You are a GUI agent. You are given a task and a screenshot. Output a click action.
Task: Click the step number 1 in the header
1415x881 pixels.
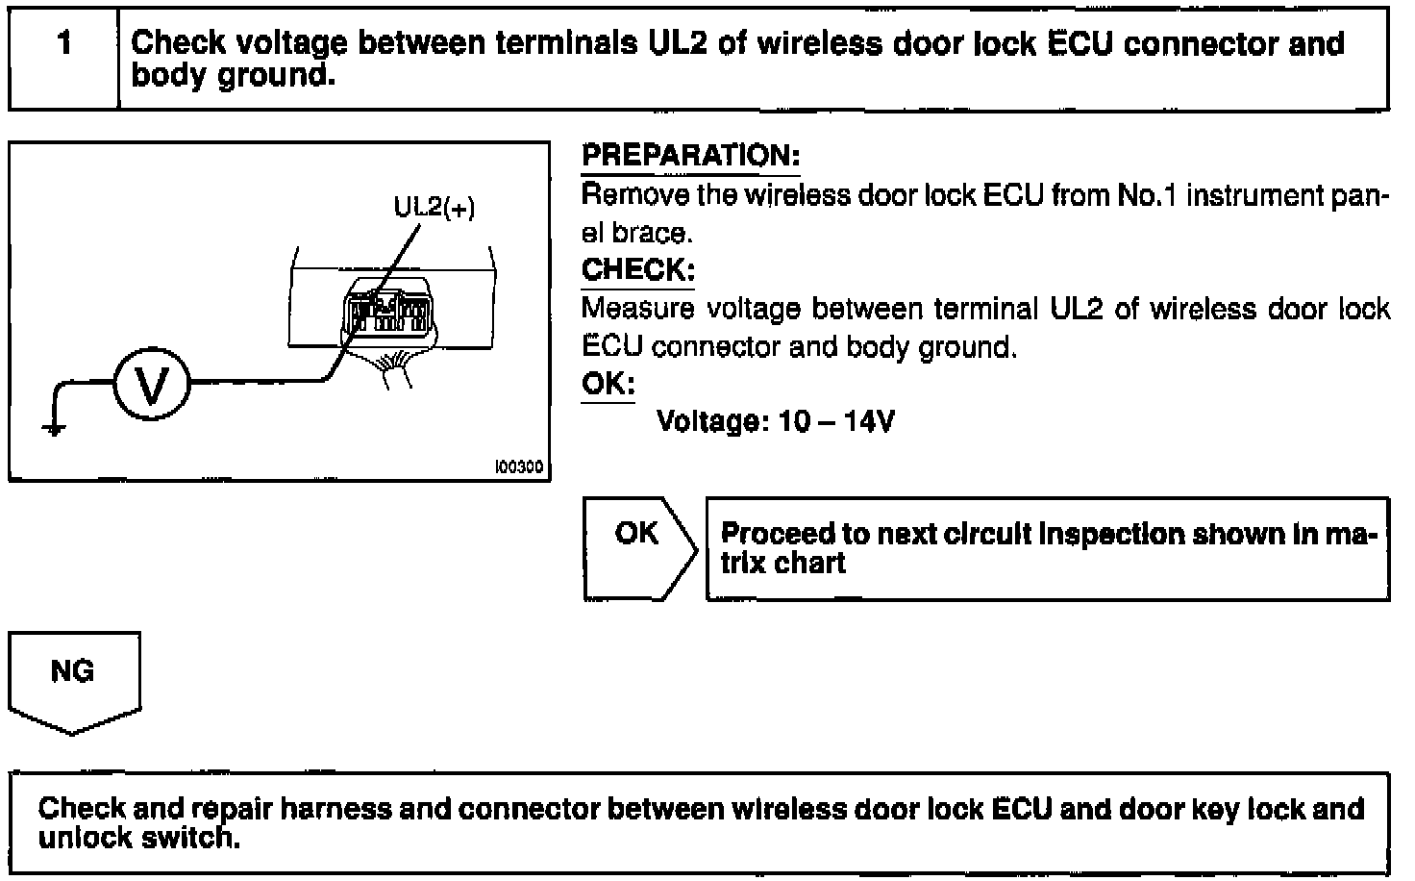(63, 43)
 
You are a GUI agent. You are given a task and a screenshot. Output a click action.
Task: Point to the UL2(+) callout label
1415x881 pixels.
(434, 207)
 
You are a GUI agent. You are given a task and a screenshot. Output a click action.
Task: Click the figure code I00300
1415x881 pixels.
(519, 467)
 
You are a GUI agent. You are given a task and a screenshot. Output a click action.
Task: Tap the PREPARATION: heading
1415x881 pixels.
(690, 156)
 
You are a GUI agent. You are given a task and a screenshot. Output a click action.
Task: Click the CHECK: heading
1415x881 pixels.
(637, 270)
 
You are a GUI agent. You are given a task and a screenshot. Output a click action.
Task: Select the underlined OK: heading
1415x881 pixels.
(608, 385)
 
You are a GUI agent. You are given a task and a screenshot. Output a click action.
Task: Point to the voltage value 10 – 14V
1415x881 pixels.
(836, 421)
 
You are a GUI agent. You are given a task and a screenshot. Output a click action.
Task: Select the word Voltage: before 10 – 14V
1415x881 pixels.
(712, 421)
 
